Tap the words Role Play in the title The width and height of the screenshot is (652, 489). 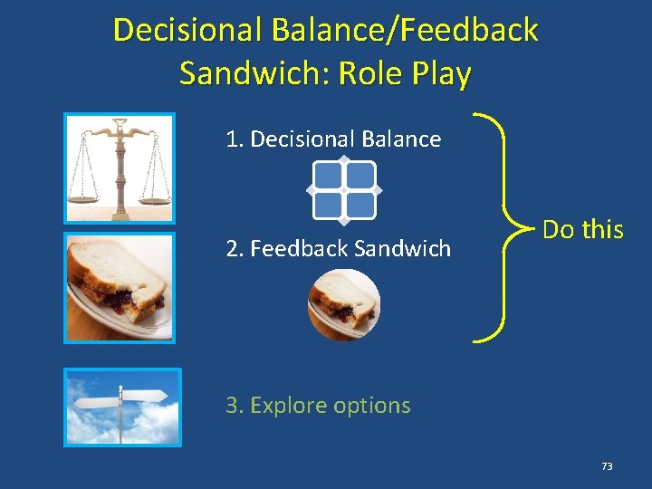pyautogui.click(x=405, y=73)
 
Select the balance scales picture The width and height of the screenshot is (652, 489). pyautogui.click(x=119, y=168)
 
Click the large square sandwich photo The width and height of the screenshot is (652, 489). pyautogui.click(x=119, y=287)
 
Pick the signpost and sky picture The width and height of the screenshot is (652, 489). pyautogui.click(x=121, y=407)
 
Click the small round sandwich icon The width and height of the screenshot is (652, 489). pyautogui.click(x=343, y=304)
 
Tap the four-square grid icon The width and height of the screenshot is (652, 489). pyautogui.click(x=344, y=190)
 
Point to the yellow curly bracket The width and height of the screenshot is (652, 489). pyautogui.click(x=496, y=228)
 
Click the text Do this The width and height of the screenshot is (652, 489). pyautogui.click(x=582, y=230)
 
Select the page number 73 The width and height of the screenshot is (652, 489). pyautogui.click(x=606, y=466)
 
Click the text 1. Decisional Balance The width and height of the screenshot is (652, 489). pyautogui.click(x=333, y=139)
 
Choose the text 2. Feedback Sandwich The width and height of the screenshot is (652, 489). pyautogui.click(x=338, y=249)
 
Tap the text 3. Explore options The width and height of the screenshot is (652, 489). pyautogui.click(x=318, y=406)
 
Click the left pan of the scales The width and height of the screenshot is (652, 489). pyautogui.click(x=84, y=196)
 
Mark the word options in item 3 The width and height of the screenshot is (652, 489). pyautogui.click(x=371, y=407)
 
